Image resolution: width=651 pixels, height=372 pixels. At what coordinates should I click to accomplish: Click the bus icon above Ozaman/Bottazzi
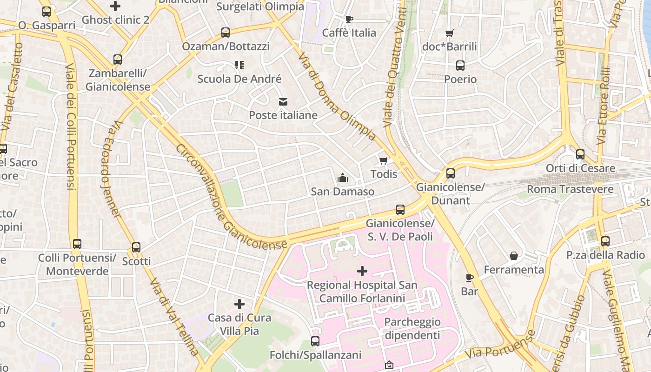226,33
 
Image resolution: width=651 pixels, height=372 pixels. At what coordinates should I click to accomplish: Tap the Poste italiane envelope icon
283,102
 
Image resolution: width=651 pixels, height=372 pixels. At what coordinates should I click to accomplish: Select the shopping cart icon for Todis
383,161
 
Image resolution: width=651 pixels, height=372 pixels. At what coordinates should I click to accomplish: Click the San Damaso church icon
343,178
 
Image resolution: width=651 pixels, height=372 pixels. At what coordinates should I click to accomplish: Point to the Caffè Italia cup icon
349,19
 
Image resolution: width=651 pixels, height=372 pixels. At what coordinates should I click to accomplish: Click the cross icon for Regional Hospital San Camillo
362,271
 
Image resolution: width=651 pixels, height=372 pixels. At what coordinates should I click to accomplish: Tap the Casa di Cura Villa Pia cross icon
239,304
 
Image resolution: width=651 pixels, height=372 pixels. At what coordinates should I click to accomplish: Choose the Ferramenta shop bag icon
514,256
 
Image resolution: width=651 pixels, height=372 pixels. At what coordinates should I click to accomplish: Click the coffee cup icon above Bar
470,278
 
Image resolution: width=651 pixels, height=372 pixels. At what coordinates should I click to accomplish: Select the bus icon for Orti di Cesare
580,154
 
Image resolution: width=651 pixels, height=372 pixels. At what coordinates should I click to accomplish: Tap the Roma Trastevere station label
570,189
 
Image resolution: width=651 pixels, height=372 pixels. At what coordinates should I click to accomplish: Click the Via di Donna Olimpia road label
337,97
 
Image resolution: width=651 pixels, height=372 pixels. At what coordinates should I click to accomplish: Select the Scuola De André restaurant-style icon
239,65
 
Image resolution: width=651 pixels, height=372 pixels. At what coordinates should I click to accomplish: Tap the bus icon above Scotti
136,247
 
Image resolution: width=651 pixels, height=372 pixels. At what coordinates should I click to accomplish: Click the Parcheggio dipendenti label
412,328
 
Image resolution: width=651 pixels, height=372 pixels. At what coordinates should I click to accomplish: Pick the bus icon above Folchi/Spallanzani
315,341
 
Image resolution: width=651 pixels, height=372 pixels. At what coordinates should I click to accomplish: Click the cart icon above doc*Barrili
449,33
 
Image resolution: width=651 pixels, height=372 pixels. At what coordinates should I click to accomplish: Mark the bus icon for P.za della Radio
605,241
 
